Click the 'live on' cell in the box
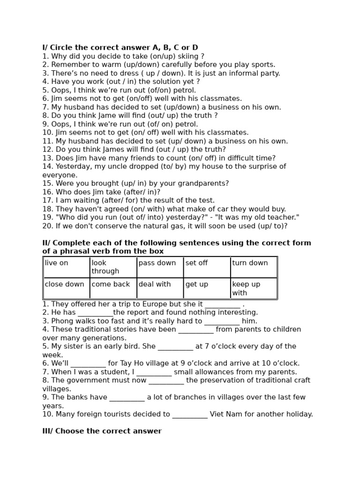pos(67,267)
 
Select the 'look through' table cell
pos(113,267)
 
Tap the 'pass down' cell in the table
pos(160,267)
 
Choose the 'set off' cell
pos(207,267)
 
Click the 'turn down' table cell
pos(254,267)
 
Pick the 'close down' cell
pos(67,288)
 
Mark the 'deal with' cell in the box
pos(160,288)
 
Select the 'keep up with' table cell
pos(254,288)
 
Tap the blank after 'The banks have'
pos(127,398)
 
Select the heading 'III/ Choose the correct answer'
pos(102,431)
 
